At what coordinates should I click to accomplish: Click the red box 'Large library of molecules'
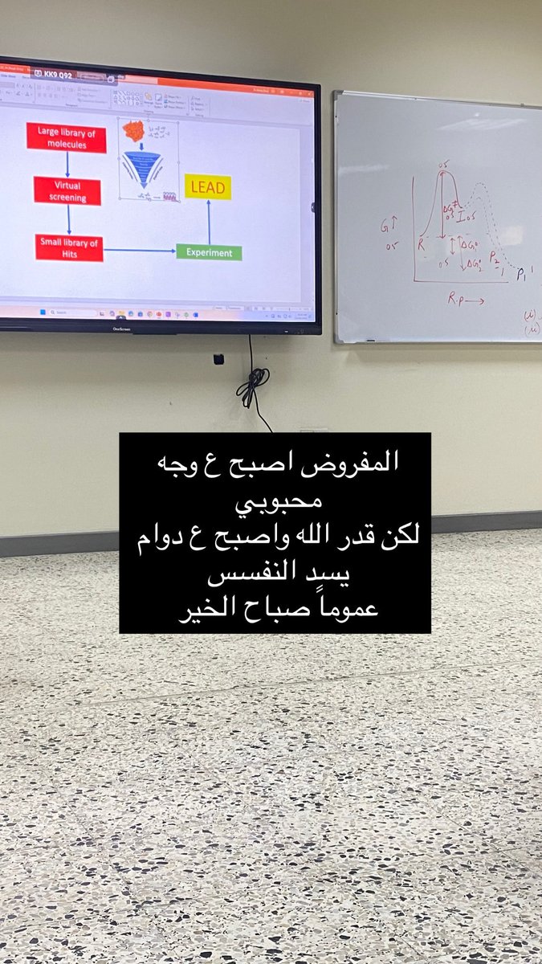click(66, 137)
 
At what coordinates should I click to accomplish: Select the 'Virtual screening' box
click(67, 190)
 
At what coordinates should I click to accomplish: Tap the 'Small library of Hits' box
click(69, 247)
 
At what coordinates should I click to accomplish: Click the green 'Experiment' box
click(209, 252)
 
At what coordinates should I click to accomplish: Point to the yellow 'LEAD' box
click(208, 187)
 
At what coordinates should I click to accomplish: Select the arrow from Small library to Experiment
click(140, 251)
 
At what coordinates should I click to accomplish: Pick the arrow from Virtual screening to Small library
click(69, 219)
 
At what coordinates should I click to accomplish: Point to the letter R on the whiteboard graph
click(420, 245)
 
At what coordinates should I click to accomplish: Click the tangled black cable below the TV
click(253, 385)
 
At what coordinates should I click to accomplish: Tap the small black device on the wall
click(218, 359)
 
